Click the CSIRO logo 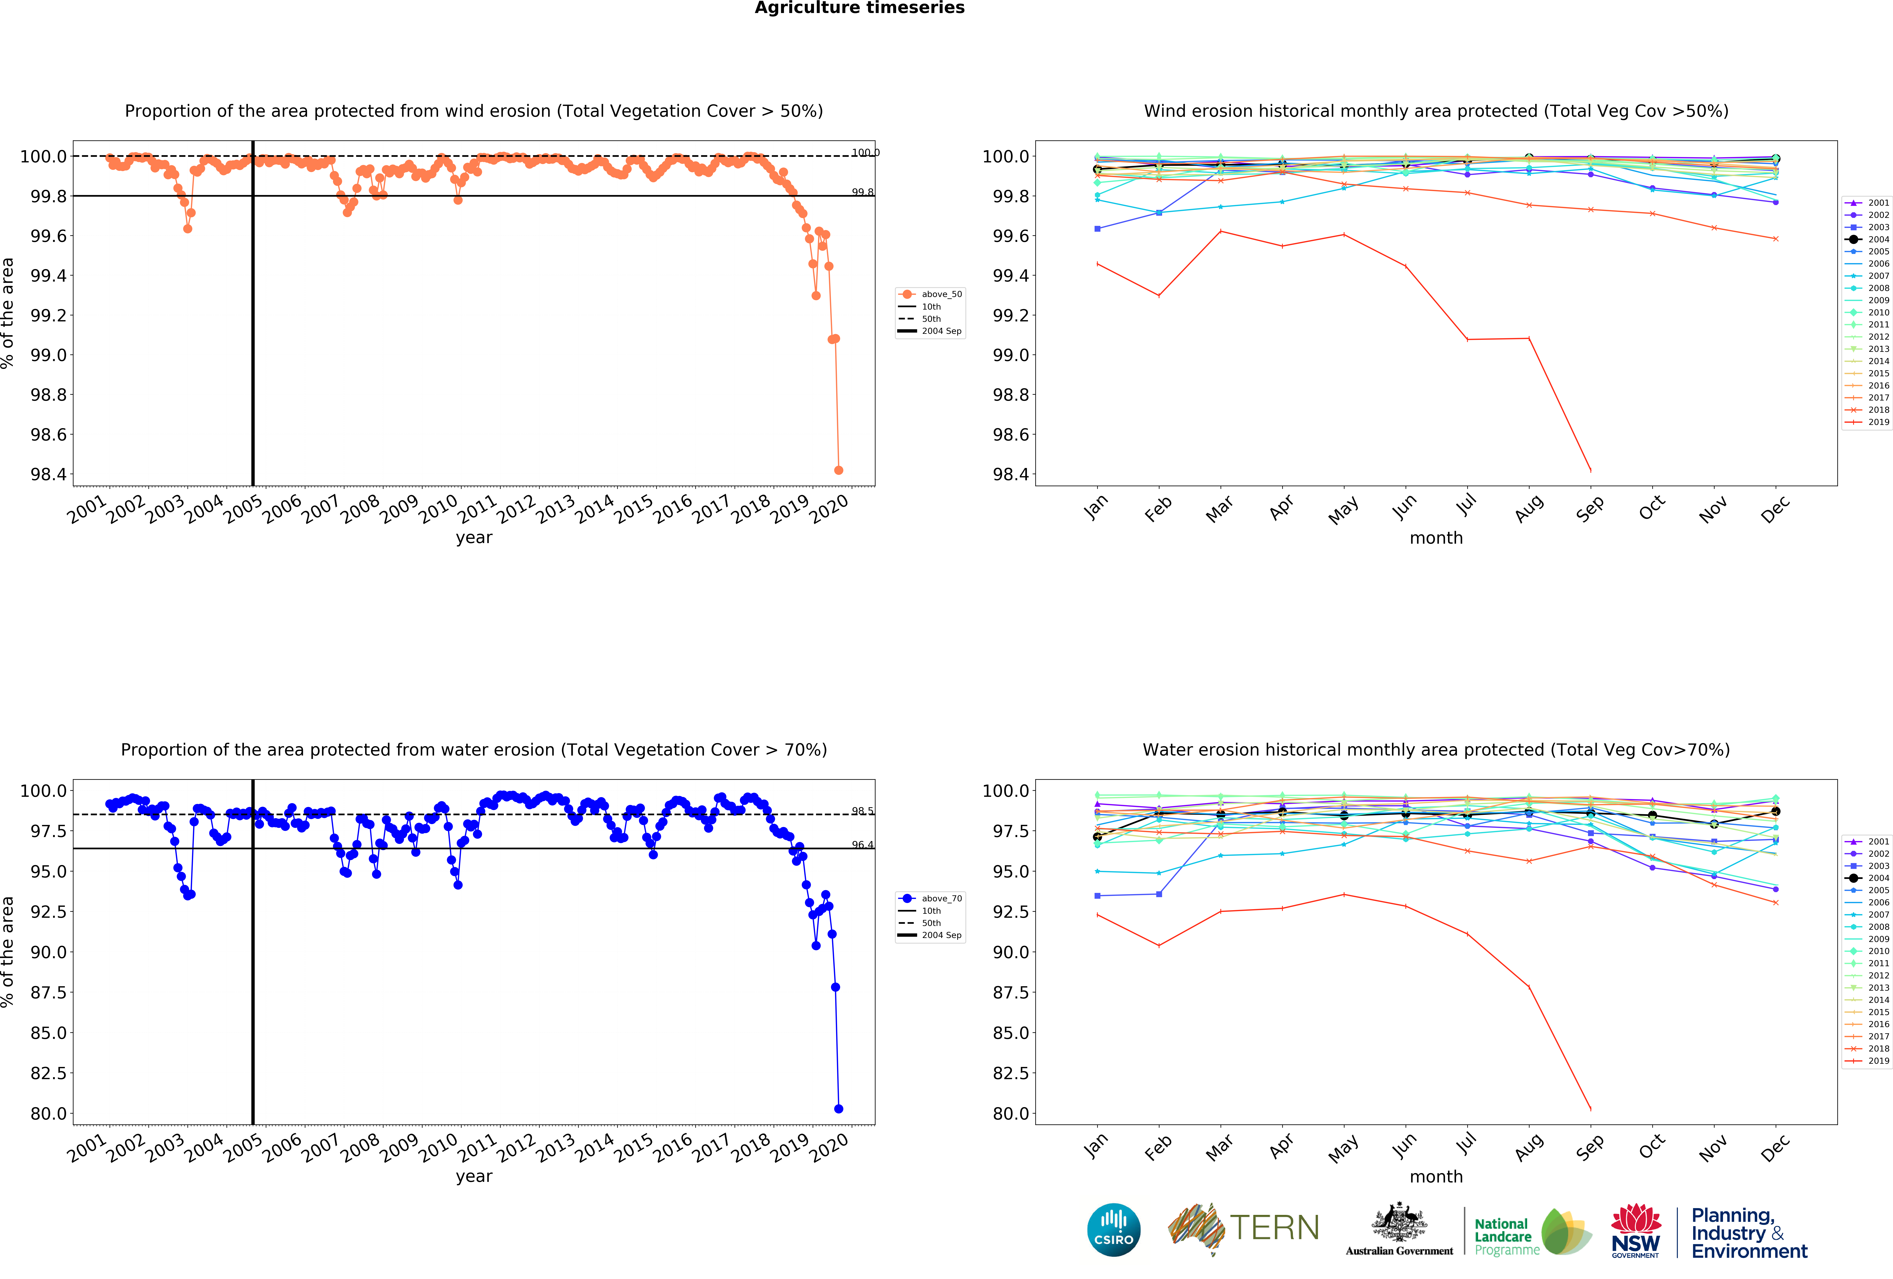[x=1113, y=1229]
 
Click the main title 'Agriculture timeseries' [x=859, y=8]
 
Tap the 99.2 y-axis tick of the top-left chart [x=48, y=315]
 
